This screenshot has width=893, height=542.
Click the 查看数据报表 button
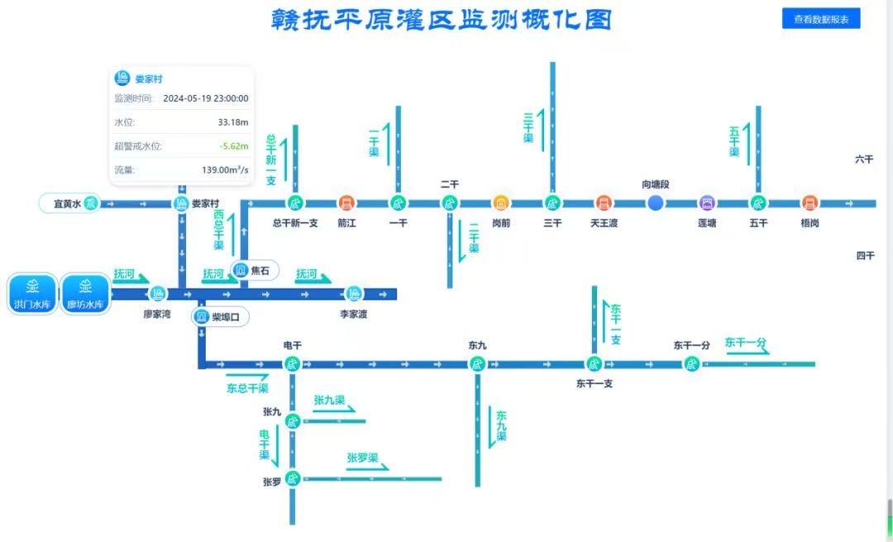[820, 18]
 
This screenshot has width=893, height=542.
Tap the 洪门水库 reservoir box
[32, 294]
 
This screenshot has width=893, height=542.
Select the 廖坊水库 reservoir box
[85, 294]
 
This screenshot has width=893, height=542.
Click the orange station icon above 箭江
[346, 202]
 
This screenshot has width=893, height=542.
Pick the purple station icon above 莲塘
[707, 202]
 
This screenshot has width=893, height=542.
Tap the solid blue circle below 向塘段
[656, 202]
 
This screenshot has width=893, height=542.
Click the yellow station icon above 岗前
[501, 202]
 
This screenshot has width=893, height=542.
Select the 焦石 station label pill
[255, 270]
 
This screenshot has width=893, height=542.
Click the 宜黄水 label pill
[70, 203]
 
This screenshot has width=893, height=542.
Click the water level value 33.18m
[233, 122]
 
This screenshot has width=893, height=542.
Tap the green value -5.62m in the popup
[234, 146]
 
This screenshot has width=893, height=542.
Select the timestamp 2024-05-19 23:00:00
[206, 98]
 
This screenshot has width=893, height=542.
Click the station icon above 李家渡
[354, 293]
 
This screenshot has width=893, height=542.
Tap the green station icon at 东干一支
[594, 364]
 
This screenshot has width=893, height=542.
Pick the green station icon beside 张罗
[292, 478]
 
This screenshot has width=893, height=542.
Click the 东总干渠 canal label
[247, 388]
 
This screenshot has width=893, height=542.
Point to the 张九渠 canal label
[329, 401]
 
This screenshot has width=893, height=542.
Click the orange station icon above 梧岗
[809, 202]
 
